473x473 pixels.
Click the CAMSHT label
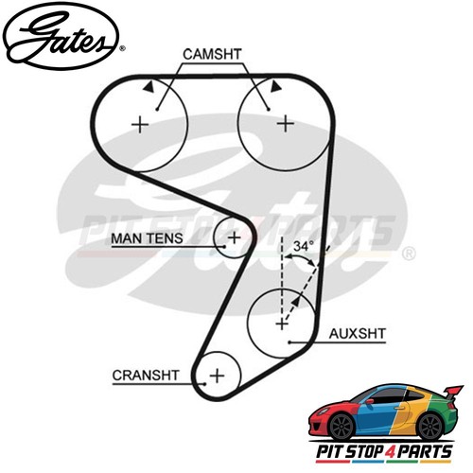pyautogui.click(x=212, y=54)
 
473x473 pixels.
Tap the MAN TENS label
pyautogui.click(x=147, y=238)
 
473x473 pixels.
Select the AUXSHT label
pyautogui.click(x=358, y=334)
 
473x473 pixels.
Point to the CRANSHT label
pyautogui.click(x=146, y=376)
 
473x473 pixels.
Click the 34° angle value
pyautogui.click(x=304, y=246)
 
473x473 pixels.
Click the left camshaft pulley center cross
pyautogui.click(x=140, y=125)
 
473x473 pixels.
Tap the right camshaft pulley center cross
pyautogui.click(x=286, y=123)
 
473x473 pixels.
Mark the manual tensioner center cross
pyautogui.click(x=234, y=237)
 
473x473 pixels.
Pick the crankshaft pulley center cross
pyautogui.click(x=218, y=376)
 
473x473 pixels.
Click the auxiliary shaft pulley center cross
pyautogui.click(x=282, y=324)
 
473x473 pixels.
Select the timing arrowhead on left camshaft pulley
pyautogui.click(x=149, y=87)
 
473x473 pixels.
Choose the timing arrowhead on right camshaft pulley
pyautogui.click(x=275, y=86)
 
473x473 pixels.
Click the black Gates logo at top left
pyautogui.click(x=61, y=37)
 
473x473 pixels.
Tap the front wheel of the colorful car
pyautogui.click(x=342, y=427)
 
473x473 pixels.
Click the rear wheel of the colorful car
pyautogui.click(x=429, y=427)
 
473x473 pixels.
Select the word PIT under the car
pyautogui.click(x=329, y=451)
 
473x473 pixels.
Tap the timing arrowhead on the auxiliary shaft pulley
pyautogui.click(x=295, y=303)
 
